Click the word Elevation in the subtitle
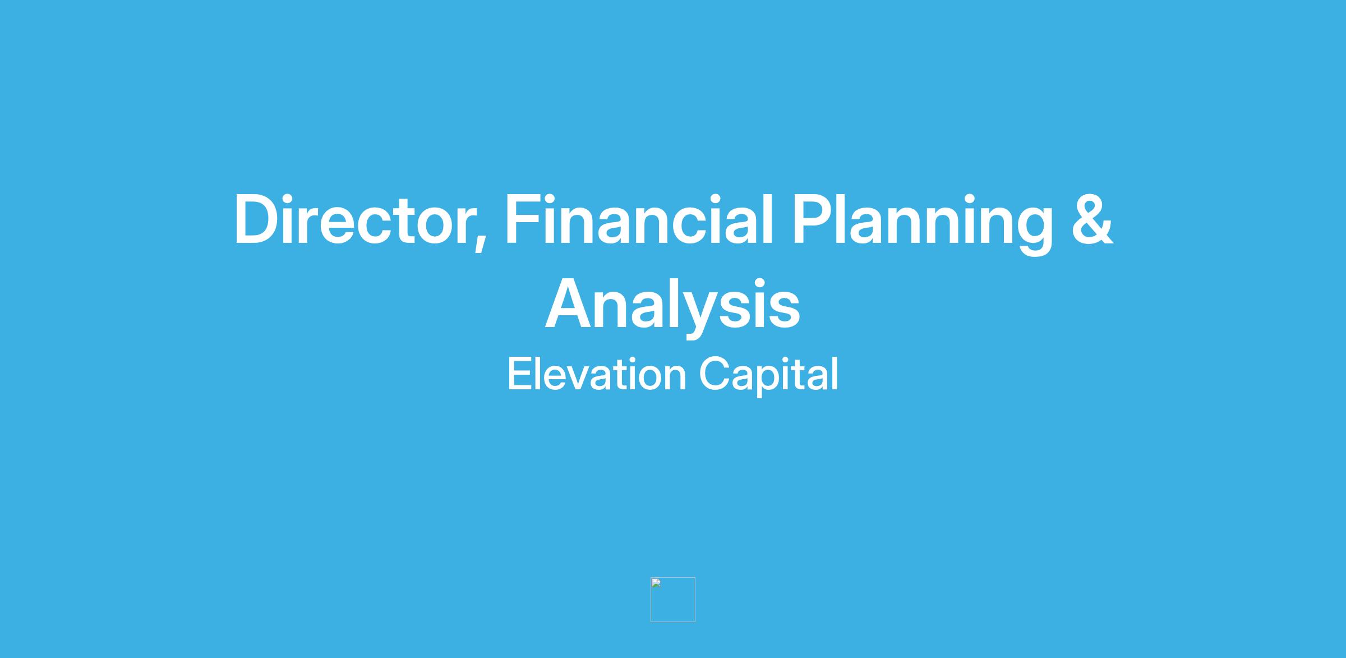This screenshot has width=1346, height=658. (x=597, y=374)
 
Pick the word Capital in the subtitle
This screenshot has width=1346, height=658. (x=768, y=375)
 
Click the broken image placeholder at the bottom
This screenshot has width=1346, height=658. (x=672, y=599)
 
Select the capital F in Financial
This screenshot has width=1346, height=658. (x=524, y=219)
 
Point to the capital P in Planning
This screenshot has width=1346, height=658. (x=813, y=219)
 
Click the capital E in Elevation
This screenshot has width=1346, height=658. (x=519, y=374)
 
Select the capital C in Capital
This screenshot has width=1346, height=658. (x=715, y=374)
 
